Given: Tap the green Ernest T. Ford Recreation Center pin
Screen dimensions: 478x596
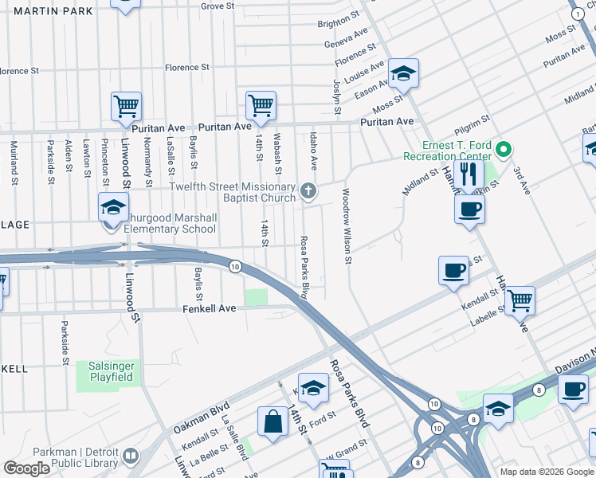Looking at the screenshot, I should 503,149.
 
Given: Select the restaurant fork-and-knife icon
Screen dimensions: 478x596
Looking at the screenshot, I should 469,174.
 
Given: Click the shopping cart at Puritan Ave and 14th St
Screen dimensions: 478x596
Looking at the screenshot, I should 261,104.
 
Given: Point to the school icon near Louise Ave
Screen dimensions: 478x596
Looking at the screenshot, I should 404,74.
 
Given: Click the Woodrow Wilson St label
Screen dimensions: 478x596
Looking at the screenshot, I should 347,225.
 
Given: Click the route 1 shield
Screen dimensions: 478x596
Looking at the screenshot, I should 577,14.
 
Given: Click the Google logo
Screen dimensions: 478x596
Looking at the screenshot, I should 27,468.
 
